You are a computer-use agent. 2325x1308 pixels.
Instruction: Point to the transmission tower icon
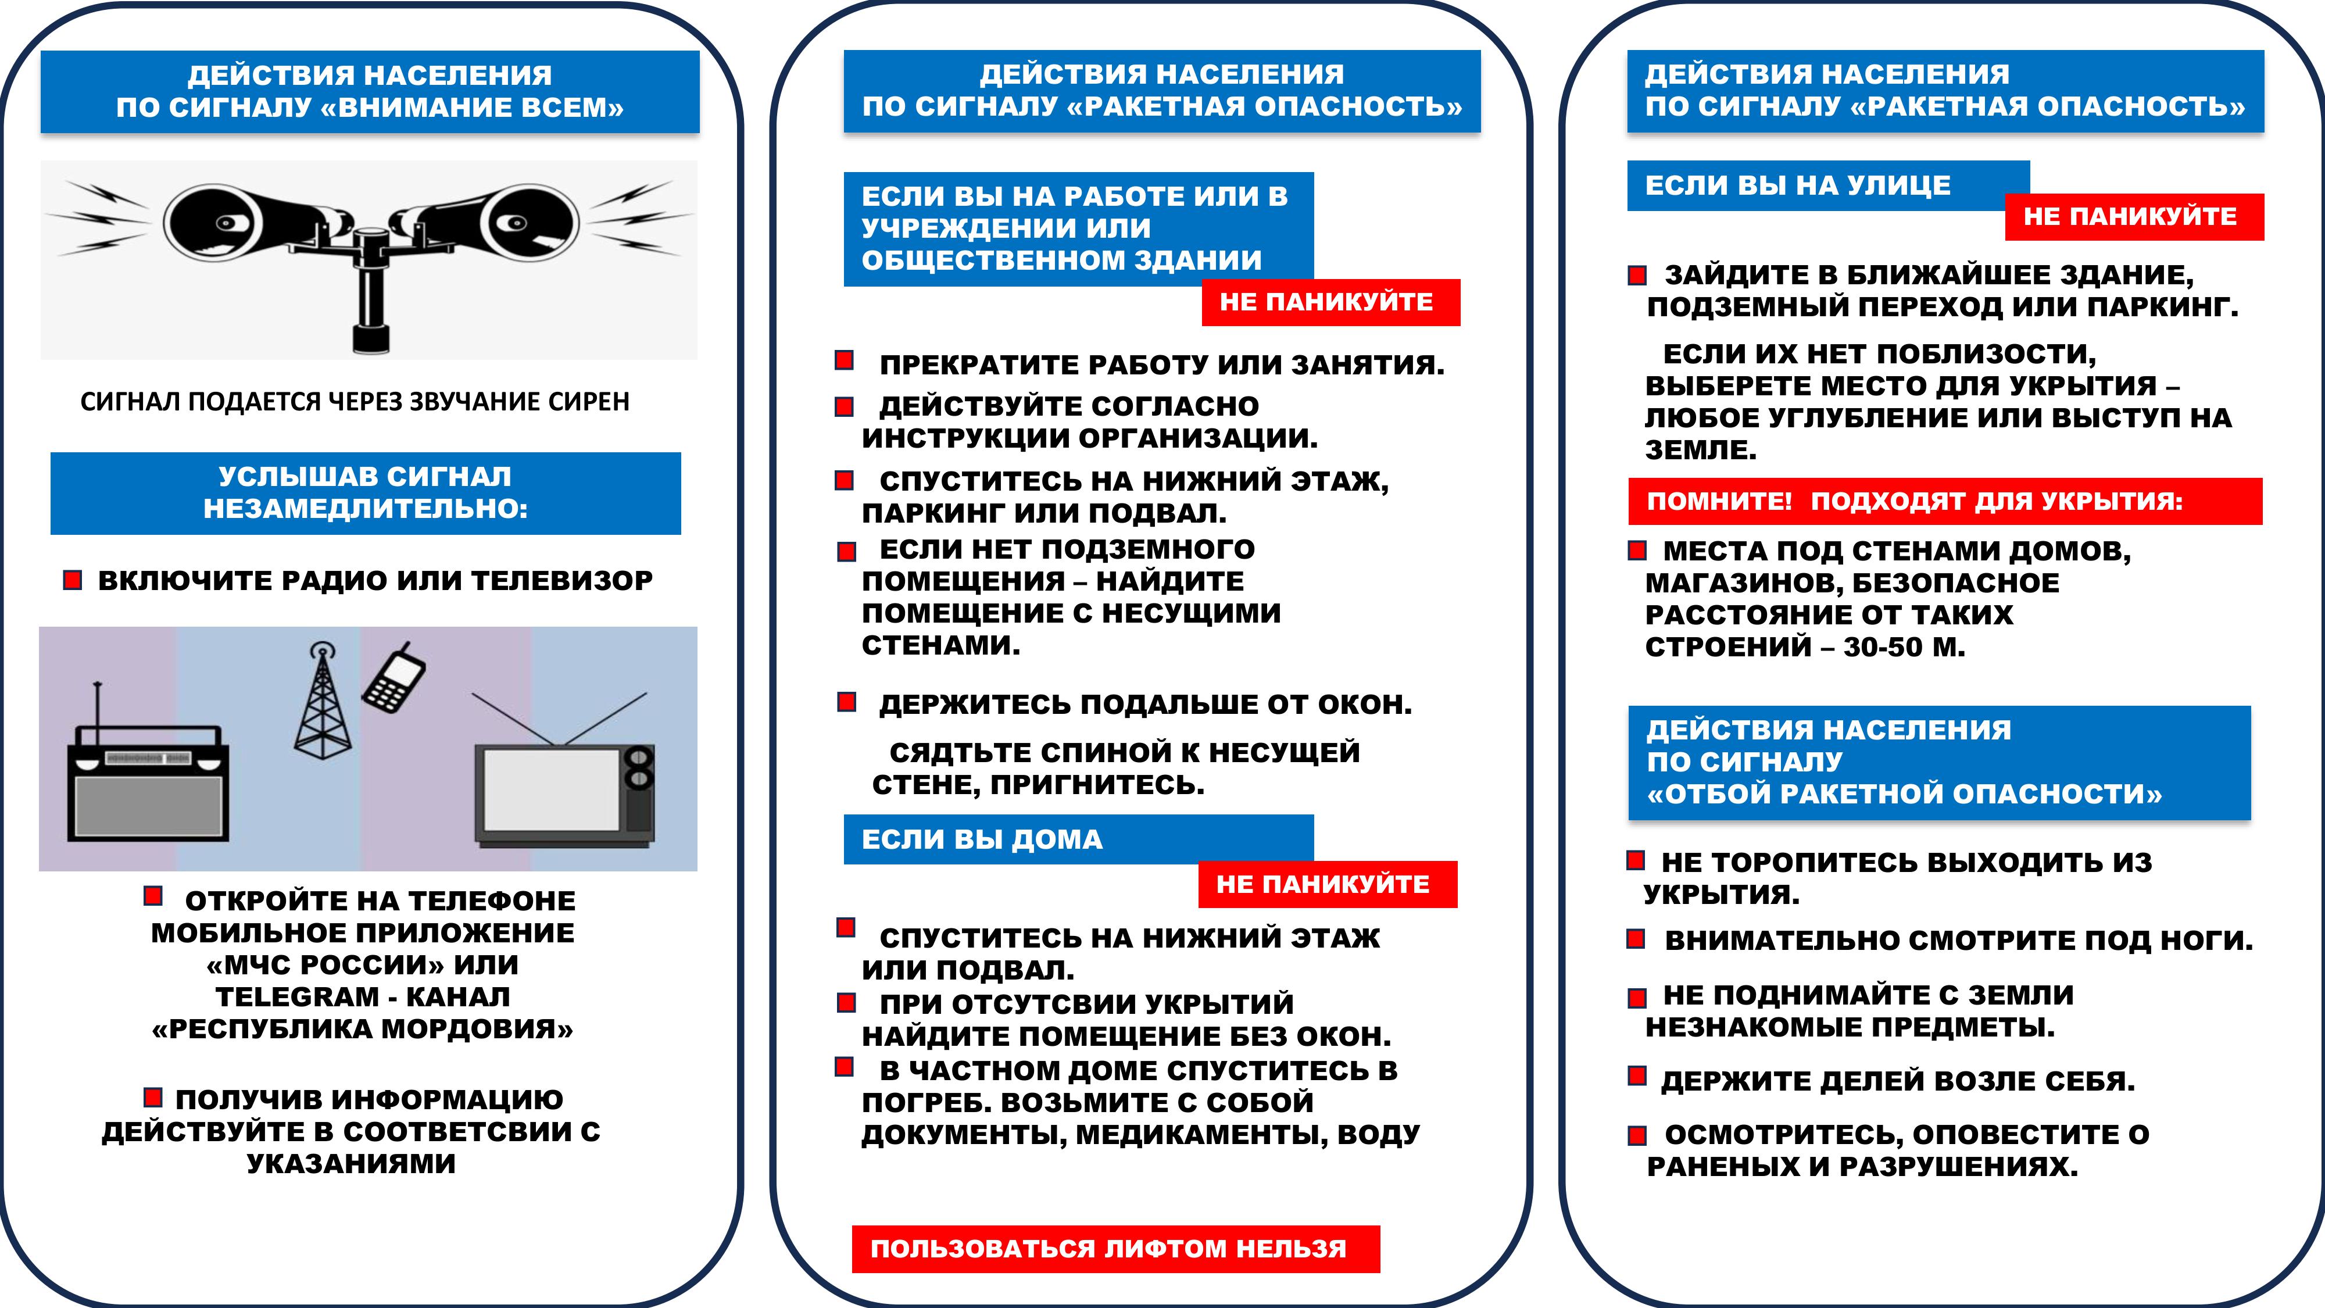(322, 704)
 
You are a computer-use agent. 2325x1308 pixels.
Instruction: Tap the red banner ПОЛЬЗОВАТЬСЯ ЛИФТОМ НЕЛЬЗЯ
(1115, 1249)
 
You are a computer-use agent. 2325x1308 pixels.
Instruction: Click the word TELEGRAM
(298, 996)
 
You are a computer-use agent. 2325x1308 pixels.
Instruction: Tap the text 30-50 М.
(1904, 647)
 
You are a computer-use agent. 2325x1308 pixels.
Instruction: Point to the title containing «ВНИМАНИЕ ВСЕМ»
(370, 92)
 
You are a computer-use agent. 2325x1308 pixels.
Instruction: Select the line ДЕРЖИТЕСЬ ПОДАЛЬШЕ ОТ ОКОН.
(1144, 704)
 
